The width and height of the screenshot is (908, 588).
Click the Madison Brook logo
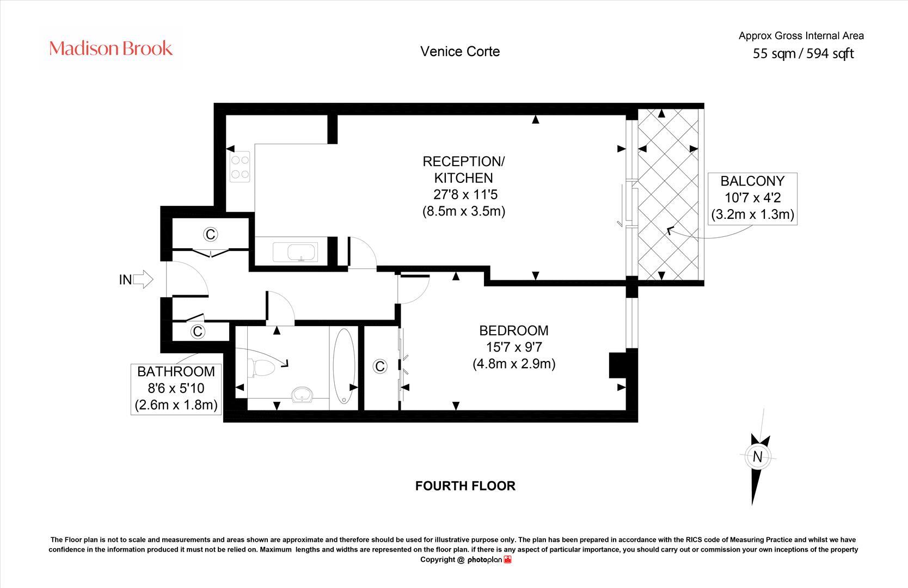coord(111,48)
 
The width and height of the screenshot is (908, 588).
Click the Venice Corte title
coord(460,51)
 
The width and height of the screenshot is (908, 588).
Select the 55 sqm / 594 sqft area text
coord(803,53)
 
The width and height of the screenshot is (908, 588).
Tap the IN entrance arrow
coord(143,279)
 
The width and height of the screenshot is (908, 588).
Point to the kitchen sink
coord(299,253)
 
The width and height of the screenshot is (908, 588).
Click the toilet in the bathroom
coord(261,368)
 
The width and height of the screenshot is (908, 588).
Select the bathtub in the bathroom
coord(343,365)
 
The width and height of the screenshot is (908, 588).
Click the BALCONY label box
coord(752,198)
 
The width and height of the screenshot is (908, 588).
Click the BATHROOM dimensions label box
coord(176,388)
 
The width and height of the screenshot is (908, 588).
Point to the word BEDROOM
coord(514,330)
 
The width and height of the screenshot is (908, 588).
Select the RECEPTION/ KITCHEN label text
coord(464,169)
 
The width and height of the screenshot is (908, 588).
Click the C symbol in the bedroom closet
coord(380,366)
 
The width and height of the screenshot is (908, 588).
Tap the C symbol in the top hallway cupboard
coord(210,234)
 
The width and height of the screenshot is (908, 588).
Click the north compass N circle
coord(757,457)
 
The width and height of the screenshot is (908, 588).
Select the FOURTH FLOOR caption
coord(465,486)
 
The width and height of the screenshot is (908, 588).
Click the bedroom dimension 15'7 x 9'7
coord(514,347)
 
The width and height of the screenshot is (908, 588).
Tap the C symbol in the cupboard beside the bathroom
coord(197,331)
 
